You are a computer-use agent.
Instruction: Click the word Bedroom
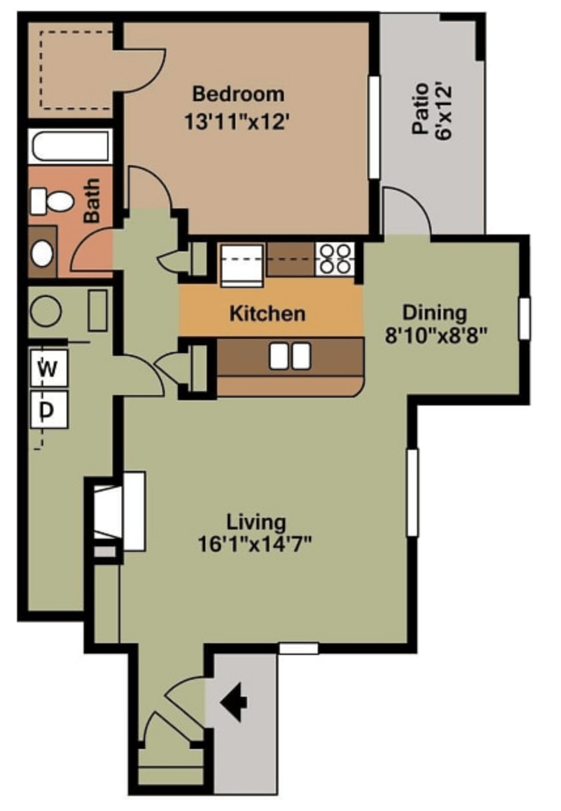click(238, 94)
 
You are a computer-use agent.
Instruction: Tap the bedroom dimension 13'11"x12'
click(238, 121)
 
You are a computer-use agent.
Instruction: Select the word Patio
click(420, 109)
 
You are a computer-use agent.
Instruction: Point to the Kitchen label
click(267, 313)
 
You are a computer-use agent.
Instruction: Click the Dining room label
click(434, 313)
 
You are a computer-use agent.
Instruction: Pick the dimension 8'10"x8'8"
click(435, 336)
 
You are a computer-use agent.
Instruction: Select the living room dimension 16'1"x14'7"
click(254, 544)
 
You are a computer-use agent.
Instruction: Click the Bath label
click(92, 200)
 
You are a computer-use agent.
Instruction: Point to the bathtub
click(69, 147)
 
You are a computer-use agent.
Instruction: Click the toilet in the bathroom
click(52, 201)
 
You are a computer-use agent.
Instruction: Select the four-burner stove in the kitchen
click(335, 259)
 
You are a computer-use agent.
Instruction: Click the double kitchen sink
click(290, 357)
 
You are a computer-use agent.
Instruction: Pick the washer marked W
click(49, 368)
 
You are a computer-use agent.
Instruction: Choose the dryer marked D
click(49, 409)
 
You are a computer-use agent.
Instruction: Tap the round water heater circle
click(46, 311)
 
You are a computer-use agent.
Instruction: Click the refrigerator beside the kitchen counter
click(242, 265)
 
